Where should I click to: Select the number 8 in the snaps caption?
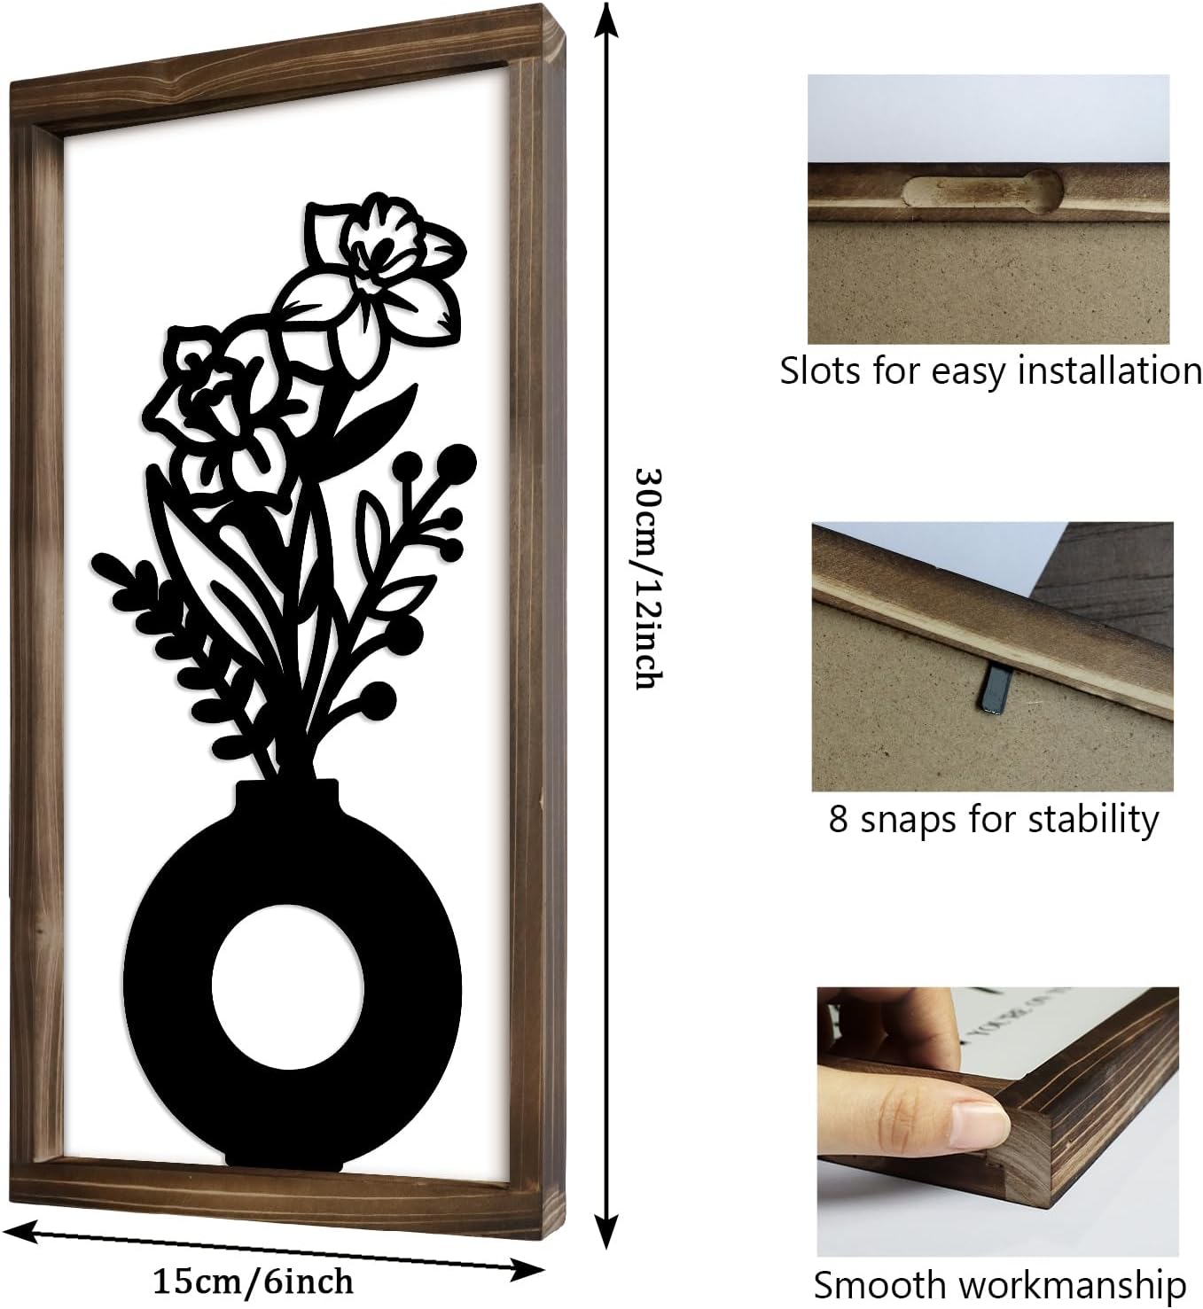click(838, 820)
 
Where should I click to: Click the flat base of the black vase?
click(285, 1156)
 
